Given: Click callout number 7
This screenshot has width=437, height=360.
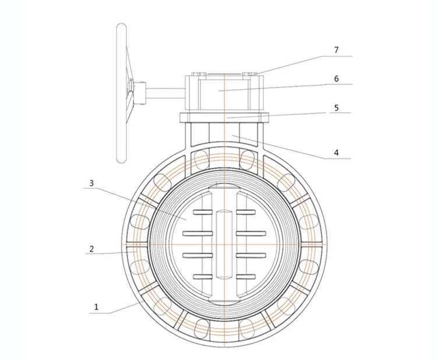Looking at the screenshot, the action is pyautogui.click(x=336, y=50).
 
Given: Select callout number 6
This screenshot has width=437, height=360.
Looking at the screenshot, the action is pyautogui.click(x=336, y=78).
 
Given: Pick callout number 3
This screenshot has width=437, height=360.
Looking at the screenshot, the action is pyautogui.click(x=91, y=183).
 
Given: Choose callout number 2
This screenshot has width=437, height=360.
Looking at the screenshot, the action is pyautogui.click(x=91, y=249).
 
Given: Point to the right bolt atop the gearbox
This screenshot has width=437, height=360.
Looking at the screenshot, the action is pyautogui.click(x=250, y=73).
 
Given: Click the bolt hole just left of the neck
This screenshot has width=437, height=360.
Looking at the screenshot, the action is pyautogui.click(x=200, y=157).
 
